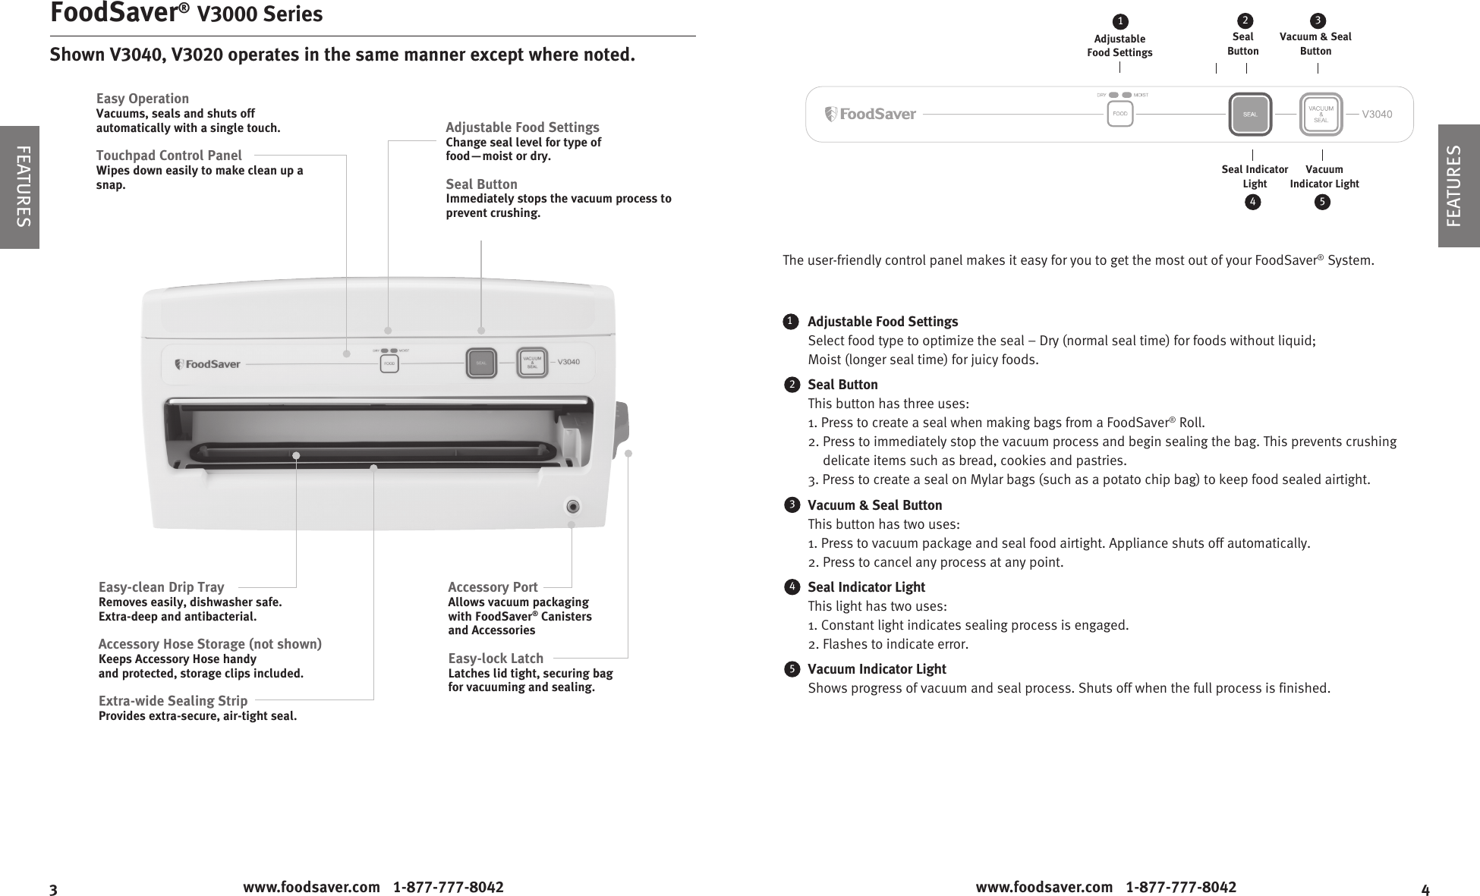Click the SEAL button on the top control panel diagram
[x=1249, y=115]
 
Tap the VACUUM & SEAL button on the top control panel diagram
[x=1321, y=115]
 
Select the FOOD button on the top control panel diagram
[x=1119, y=115]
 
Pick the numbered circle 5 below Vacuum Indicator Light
[x=1322, y=202]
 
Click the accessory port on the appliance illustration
[x=573, y=507]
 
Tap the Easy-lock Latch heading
[x=496, y=659]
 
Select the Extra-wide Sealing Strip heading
[x=173, y=701]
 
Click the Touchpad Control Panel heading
[x=169, y=156]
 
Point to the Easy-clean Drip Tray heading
[x=162, y=587]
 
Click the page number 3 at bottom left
[x=53, y=889]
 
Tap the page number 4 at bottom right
[x=1425, y=889]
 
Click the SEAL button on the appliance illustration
[x=480, y=363]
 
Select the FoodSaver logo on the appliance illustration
[x=207, y=364]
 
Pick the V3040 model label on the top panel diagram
[x=1377, y=115]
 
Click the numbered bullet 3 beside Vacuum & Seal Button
[x=792, y=505]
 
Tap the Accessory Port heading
[x=493, y=587]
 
